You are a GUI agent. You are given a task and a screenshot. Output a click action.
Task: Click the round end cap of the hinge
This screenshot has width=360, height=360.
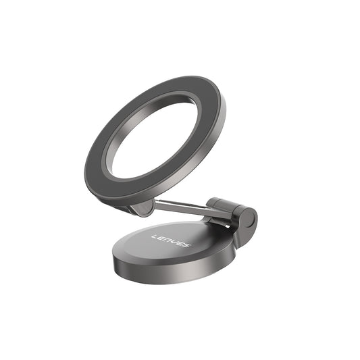(x=249, y=217)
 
